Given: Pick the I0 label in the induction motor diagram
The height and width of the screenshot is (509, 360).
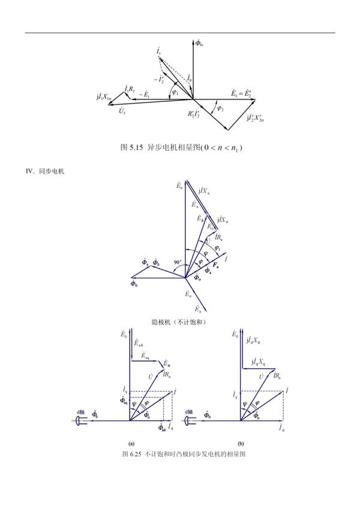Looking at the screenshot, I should coord(190,78).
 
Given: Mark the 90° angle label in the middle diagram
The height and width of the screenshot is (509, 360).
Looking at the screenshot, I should coord(178,263).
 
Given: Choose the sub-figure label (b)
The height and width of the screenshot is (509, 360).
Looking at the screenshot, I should coord(241,443).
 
